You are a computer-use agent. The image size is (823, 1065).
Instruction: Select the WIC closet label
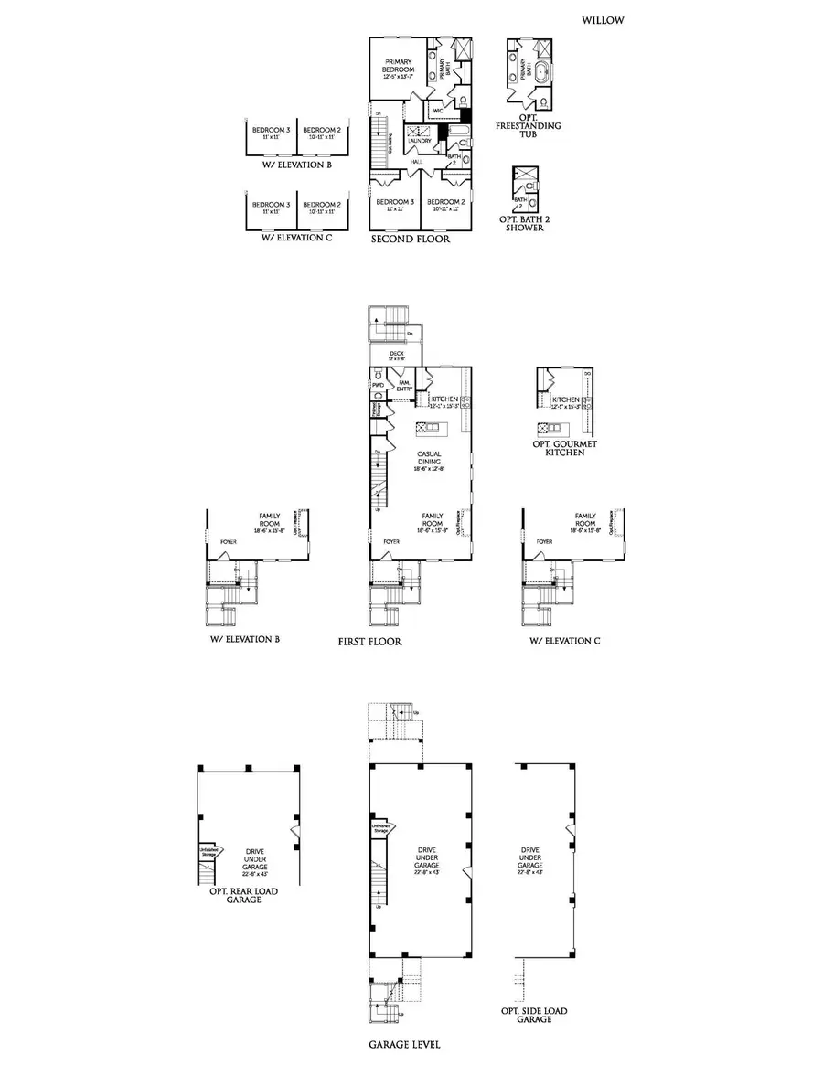[438, 111]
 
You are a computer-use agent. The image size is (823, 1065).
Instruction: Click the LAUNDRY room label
[419, 141]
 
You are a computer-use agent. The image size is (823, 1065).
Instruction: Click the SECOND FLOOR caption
[410, 239]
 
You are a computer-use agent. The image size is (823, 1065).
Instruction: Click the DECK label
[396, 351]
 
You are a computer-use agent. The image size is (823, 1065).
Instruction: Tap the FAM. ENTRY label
[402, 386]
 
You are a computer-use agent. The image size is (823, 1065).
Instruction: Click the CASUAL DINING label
[430, 458]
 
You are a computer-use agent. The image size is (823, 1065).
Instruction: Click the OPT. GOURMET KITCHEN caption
[564, 448]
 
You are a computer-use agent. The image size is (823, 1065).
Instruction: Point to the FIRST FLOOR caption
[369, 642]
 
